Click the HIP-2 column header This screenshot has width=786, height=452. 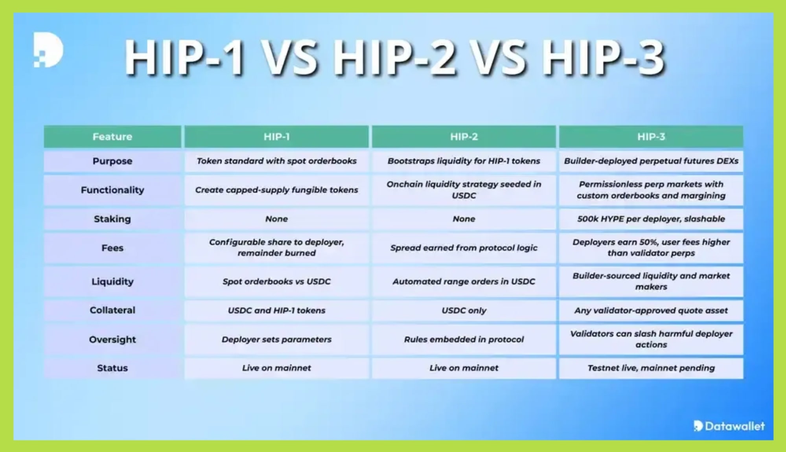[x=464, y=137]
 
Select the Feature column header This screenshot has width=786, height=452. [x=112, y=137]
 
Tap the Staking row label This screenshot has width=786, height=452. [x=112, y=219]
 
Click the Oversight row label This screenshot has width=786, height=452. [x=112, y=339]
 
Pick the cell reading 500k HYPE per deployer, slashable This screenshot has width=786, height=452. [x=651, y=219]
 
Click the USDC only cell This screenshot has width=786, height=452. [x=464, y=311]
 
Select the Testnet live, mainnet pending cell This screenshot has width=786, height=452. [x=651, y=368]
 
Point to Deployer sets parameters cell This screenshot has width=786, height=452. [x=276, y=339]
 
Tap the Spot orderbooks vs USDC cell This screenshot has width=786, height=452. [x=276, y=281]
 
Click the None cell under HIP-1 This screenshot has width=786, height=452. [x=276, y=219]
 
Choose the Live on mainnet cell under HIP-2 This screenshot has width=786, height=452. [x=464, y=368]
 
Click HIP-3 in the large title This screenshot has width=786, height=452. [x=604, y=58]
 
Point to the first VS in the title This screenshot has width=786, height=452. [x=290, y=58]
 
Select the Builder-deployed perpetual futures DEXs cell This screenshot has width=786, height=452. [x=651, y=161]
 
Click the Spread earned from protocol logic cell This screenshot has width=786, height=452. [x=464, y=248]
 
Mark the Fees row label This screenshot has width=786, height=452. [x=112, y=248]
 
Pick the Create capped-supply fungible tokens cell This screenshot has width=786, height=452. [x=276, y=190]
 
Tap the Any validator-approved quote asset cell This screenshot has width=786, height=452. [x=651, y=311]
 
